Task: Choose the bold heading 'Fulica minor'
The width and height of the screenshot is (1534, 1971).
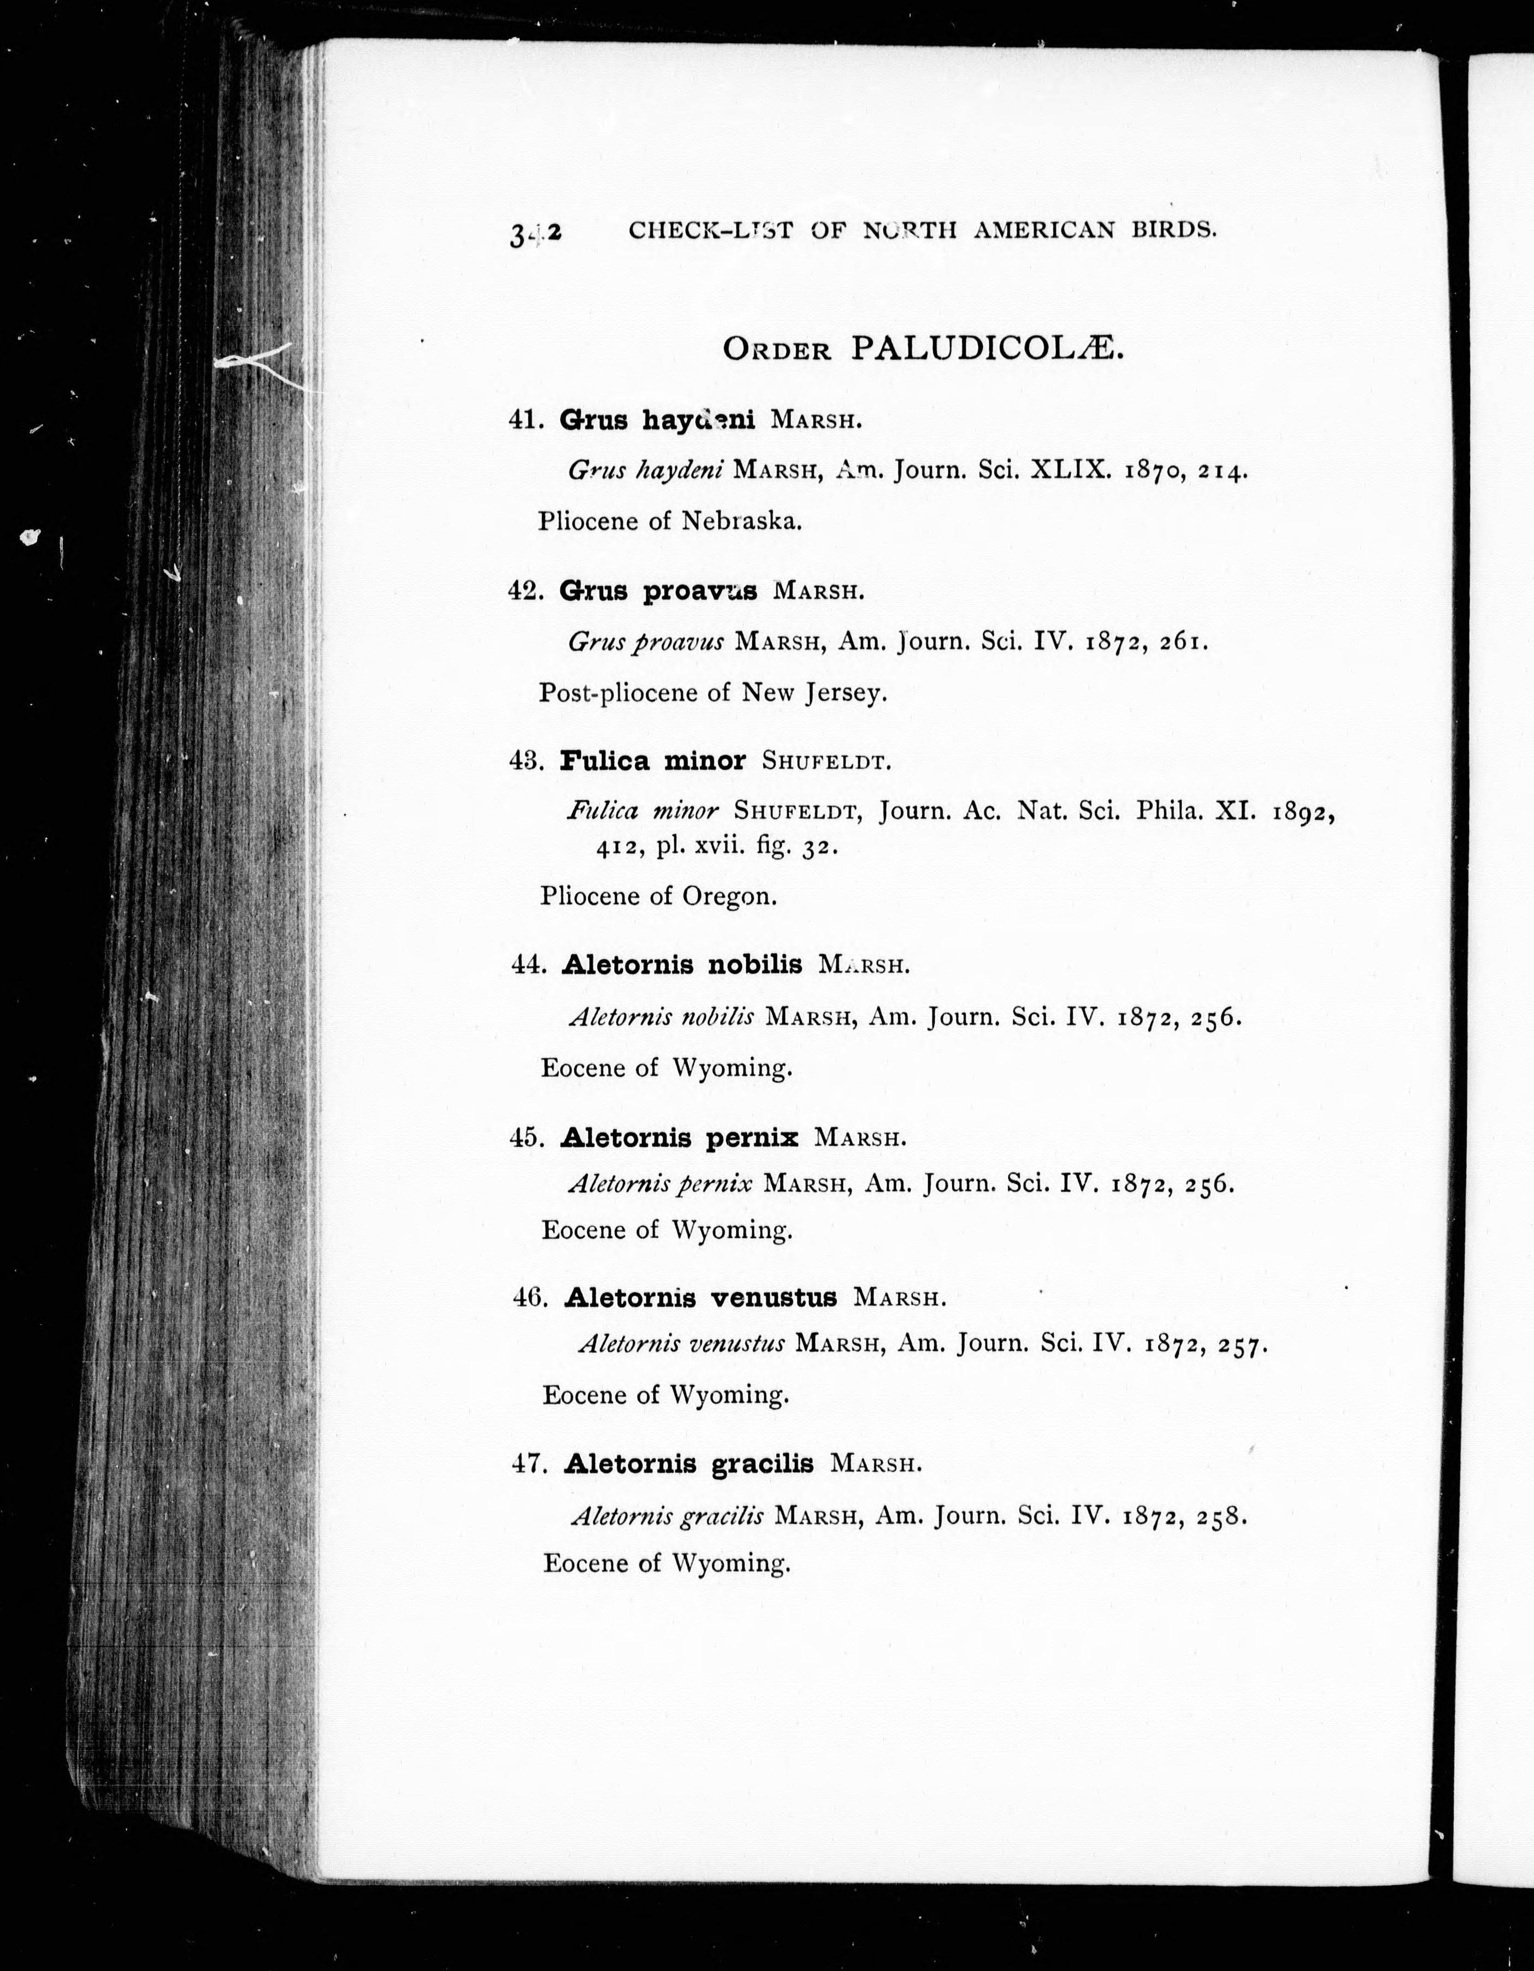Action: click(652, 761)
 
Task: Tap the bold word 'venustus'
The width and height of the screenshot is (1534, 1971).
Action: click(774, 1298)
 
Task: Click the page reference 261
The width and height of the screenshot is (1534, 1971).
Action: click(1183, 642)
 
